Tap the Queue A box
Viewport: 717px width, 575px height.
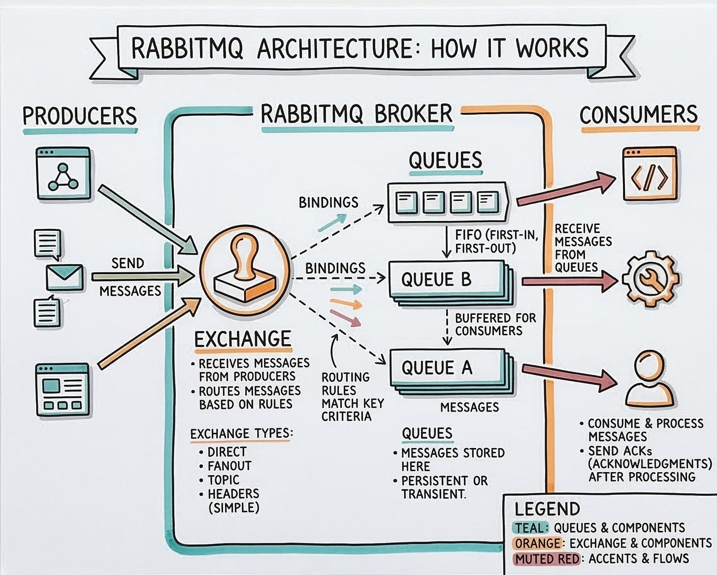[452, 372]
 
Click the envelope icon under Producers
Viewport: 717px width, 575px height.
[65, 277]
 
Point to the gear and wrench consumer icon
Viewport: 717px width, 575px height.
[650, 278]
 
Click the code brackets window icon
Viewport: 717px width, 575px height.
[650, 175]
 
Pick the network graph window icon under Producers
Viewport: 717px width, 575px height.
[64, 174]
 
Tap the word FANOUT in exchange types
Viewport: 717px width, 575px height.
[229, 466]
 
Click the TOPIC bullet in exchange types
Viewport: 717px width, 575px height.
[223, 479]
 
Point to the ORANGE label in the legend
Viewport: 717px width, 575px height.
[537, 543]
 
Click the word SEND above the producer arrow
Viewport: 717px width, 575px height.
[128, 263]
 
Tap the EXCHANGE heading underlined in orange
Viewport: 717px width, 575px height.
[243, 339]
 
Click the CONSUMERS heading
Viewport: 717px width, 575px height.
[638, 114]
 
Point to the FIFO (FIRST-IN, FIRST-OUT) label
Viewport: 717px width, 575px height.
[496, 242]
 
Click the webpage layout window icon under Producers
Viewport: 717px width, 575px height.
[63, 389]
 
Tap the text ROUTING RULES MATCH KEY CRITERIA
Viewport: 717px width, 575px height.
[353, 397]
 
